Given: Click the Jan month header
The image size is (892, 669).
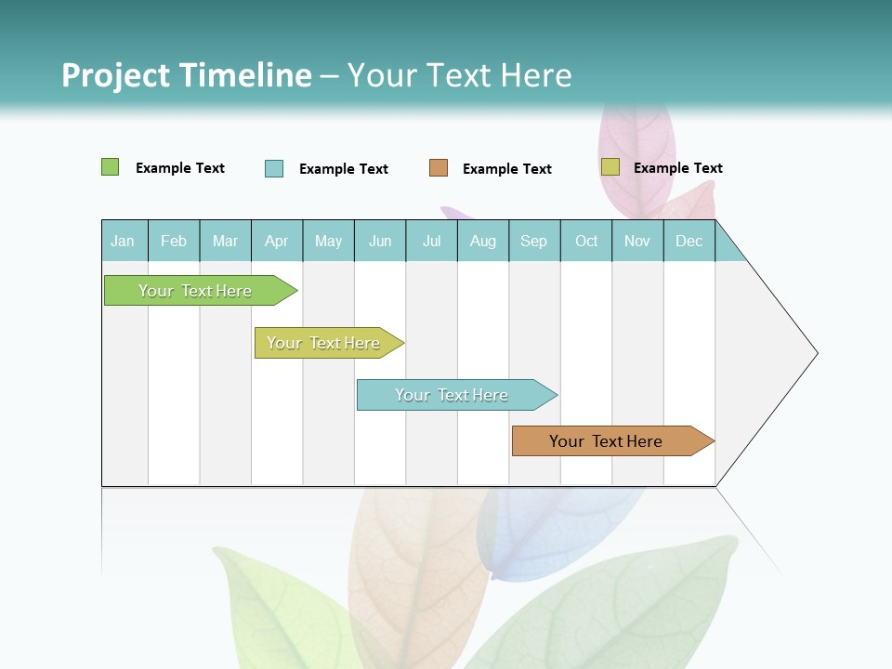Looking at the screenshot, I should point(124,242).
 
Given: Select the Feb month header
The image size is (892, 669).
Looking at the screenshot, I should point(174,242).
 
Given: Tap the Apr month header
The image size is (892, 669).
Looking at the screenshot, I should point(277,242).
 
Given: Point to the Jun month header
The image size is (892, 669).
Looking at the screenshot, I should point(380,242).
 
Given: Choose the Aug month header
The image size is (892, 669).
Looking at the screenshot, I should point(483,242).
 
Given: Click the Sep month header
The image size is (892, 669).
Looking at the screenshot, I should point(534,242).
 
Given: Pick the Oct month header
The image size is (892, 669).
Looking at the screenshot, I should point(586,242).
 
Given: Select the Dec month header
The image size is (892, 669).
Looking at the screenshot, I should point(689,242).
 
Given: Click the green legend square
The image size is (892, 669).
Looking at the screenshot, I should point(111,167).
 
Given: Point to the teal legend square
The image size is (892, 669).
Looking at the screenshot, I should point(274,168).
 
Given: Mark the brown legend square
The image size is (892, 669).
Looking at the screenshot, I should point(439,168).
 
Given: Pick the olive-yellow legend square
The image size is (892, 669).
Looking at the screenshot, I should point(610,167).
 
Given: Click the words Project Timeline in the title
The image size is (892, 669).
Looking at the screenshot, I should point(187,75).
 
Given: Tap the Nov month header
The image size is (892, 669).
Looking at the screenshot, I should point(637,242).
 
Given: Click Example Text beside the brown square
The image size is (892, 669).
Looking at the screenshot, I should point(507,169).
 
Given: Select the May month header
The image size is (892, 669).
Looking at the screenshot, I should point(328,242).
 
